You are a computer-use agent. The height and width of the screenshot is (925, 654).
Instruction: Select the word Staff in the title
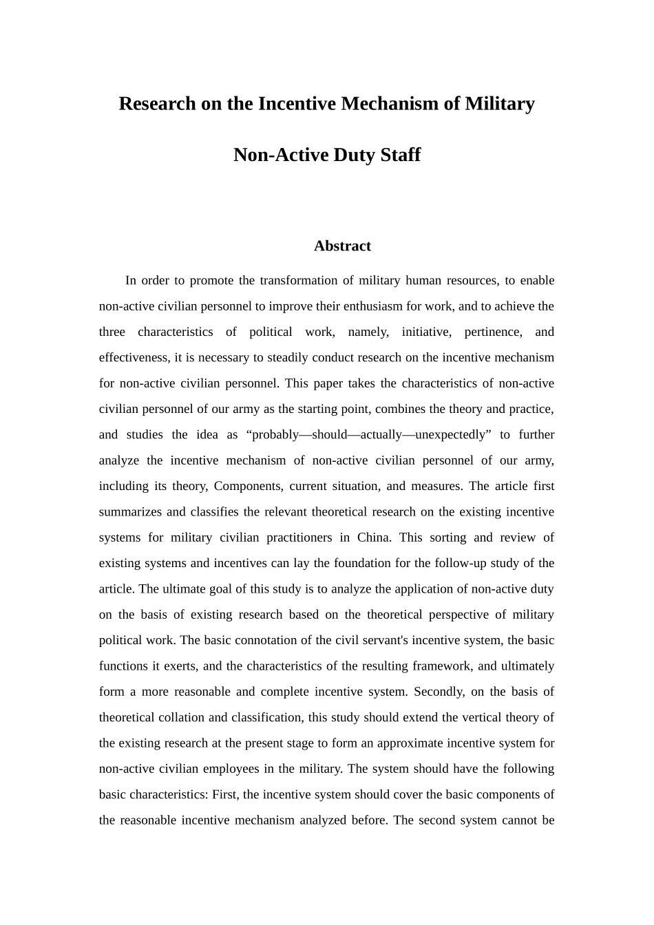click(x=399, y=155)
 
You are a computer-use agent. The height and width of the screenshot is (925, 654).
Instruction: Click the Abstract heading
click(x=342, y=246)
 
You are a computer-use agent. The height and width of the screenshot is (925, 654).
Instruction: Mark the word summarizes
click(x=128, y=512)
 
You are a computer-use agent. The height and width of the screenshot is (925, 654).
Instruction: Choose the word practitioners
click(x=297, y=538)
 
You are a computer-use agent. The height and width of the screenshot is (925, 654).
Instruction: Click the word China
click(x=373, y=538)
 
